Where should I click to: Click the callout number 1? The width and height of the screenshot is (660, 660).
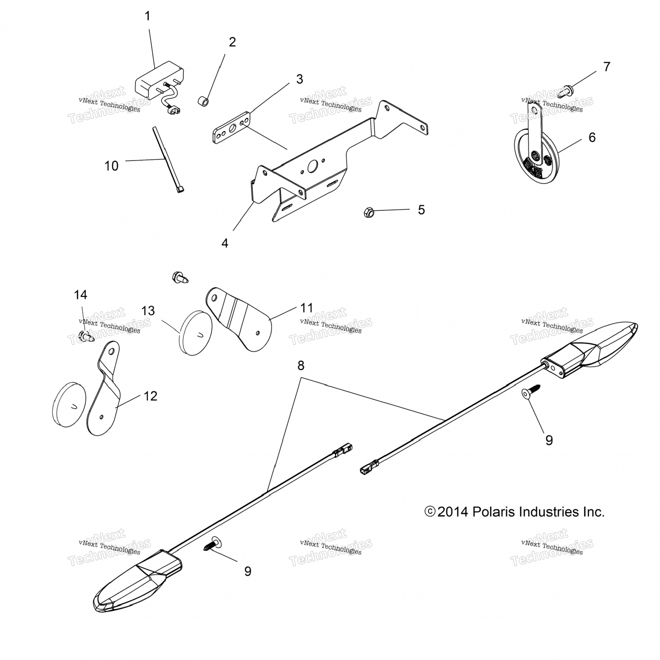(147, 16)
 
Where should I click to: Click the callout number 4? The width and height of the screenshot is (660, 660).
(225, 243)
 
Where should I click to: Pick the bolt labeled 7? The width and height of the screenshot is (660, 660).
(565, 92)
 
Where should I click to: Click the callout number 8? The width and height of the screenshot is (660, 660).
(301, 366)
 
